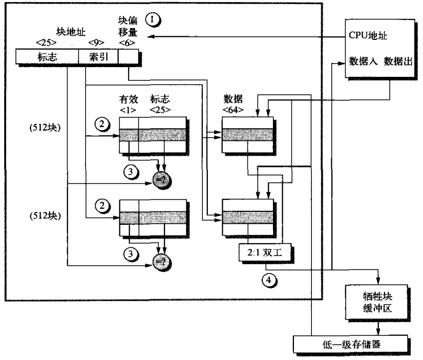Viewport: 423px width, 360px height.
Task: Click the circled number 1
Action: coord(153,20)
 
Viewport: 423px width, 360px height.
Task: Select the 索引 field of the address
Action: coord(97,57)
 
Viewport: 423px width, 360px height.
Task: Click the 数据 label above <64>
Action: coord(232,99)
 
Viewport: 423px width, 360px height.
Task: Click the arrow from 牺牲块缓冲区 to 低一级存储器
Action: coord(378,326)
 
